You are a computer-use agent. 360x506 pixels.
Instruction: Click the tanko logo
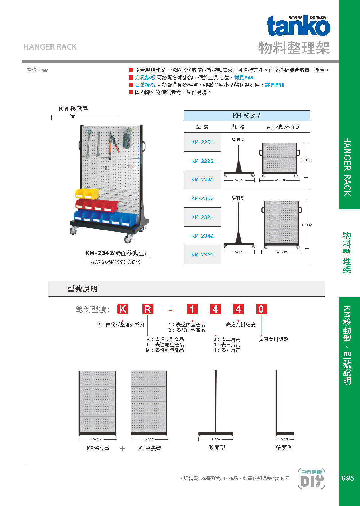point(298,26)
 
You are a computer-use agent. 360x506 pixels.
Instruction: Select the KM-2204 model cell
point(202,142)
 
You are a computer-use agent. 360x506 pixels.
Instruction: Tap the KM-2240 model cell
point(202,180)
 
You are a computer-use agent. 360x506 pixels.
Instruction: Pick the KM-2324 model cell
point(202,217)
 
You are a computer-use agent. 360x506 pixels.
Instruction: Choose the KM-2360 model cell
point(202,255)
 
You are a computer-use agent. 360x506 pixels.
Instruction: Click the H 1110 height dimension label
point(306,160)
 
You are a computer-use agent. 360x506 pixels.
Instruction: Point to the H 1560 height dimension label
point(307,225)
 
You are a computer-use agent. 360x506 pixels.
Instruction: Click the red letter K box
point(123,309)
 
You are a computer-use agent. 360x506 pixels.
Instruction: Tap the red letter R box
point(148,309)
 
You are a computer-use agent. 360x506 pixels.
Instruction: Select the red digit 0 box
point(261,309)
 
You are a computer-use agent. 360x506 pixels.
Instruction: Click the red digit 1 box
point(192,309)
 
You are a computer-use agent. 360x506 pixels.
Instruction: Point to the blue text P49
point(249,78)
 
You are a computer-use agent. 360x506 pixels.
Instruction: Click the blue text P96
point(280,85)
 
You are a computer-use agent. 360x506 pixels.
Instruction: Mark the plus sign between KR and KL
point(123,448)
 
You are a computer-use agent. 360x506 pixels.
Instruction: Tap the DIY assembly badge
point(312,478)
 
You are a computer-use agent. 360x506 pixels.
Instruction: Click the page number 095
point(347,478)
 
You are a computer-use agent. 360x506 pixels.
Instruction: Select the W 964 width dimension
point(97,439)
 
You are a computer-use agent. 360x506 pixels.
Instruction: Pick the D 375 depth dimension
point(284,439)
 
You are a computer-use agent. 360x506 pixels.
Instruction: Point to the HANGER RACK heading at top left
point(50,47)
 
